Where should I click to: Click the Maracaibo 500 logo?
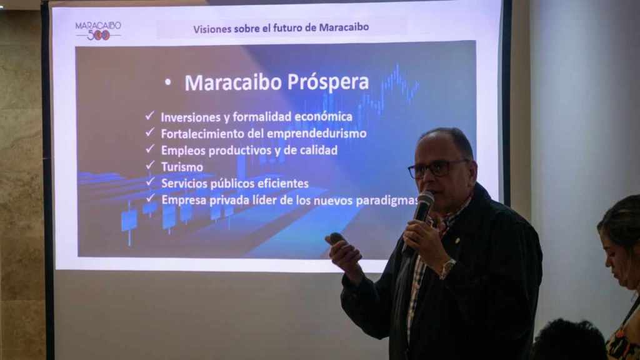point(98,31)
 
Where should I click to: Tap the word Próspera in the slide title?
point(328,83)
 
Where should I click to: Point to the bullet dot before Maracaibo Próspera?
point(167,83)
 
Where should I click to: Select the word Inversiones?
point(191,117)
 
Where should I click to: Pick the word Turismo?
point(182,167)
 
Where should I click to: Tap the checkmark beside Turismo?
point(150,165)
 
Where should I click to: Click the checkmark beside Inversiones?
point(150,116)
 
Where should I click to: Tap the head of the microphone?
point(424,200)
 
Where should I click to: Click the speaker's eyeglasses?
point(436,169)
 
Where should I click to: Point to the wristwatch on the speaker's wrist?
point(447,268)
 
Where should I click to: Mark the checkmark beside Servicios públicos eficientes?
point(150,181)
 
